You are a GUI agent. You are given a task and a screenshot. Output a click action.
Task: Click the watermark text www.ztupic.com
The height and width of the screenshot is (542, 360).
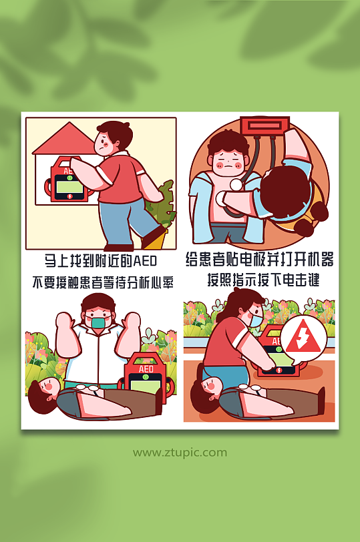pyautogui.click(x=180, y=453)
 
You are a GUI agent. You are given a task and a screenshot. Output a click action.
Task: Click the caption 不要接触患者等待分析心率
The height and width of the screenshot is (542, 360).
pyautogui.click(x=102, y=282)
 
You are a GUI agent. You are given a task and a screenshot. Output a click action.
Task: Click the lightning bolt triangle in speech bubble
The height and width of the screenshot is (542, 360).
pyautogui.click(x=303, y=338)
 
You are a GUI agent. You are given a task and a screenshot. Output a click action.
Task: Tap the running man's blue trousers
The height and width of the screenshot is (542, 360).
pyautogui.click(x=120, y=214)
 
